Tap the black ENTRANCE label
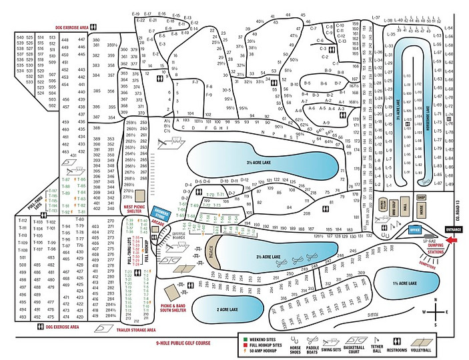coord(453,229)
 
